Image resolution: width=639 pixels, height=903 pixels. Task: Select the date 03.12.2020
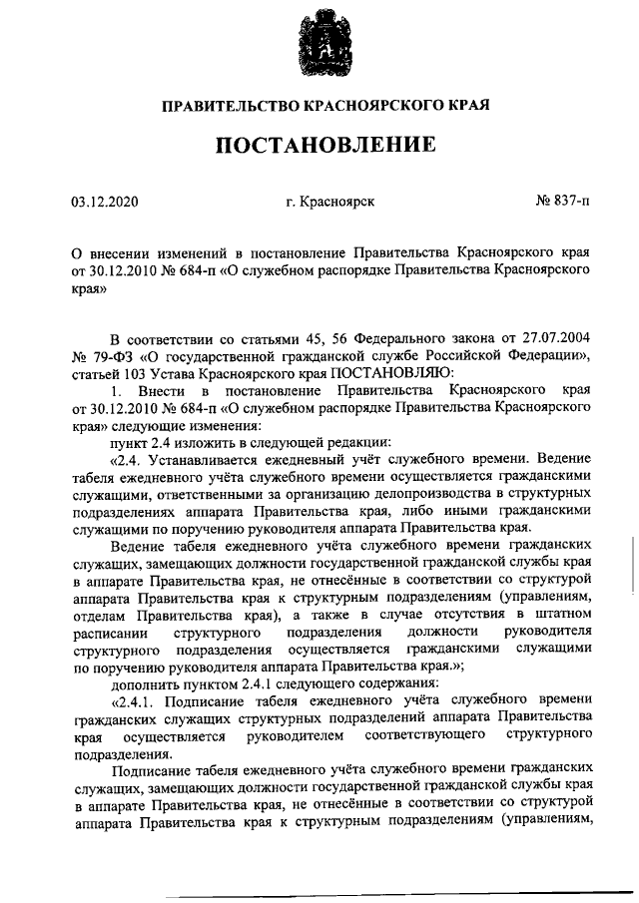(105, 203)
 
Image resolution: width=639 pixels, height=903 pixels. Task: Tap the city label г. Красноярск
(329, 203)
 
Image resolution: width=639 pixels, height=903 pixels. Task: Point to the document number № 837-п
(562, 203)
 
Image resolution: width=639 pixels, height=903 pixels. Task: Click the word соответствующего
(427, 735)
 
